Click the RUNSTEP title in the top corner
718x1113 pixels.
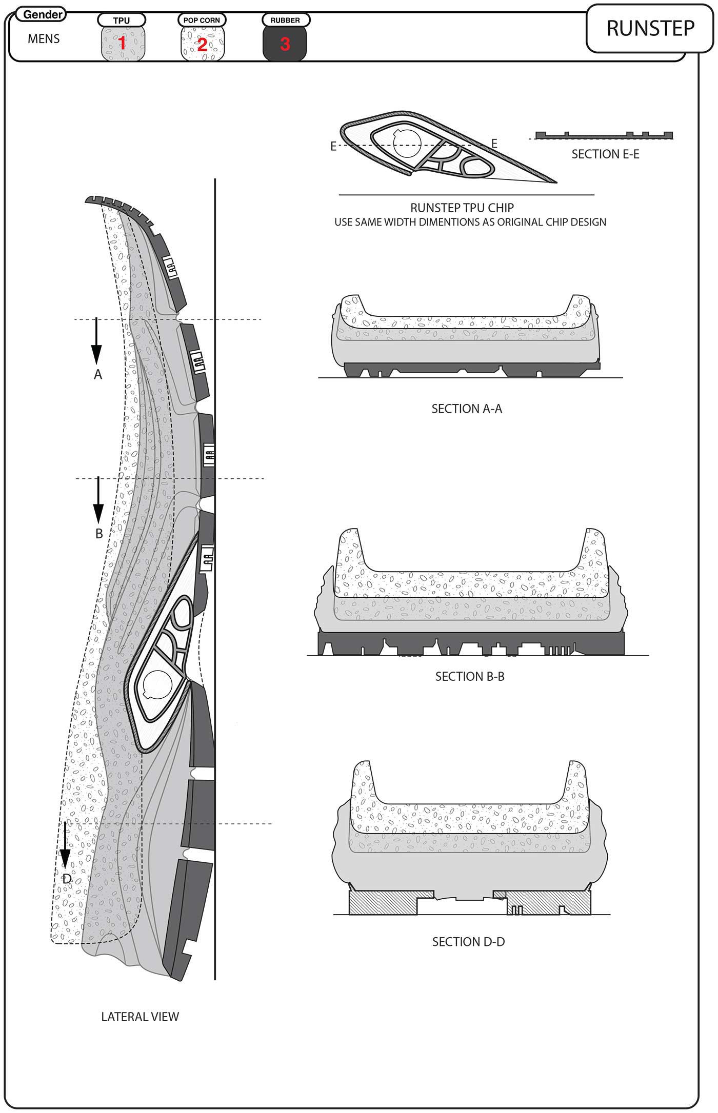tap(650, 29)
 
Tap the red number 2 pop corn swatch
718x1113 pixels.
tap(203, 44)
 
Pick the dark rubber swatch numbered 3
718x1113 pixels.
tap(285, 44)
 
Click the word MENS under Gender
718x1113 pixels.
tap(44, 39)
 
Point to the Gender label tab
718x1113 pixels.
tap(42, 14)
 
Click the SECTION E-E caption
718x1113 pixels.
tap(605, 154)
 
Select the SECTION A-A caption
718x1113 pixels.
tap(467, 409)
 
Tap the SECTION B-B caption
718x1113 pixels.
tap(470, 676)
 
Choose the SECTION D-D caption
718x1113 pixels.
tap(468, 942)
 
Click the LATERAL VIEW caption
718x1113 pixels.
tap(140, 1027)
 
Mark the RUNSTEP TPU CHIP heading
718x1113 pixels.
tap(462, 208)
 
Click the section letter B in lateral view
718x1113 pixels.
tap(99, 534)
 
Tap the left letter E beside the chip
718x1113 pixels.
tap(333, 147)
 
